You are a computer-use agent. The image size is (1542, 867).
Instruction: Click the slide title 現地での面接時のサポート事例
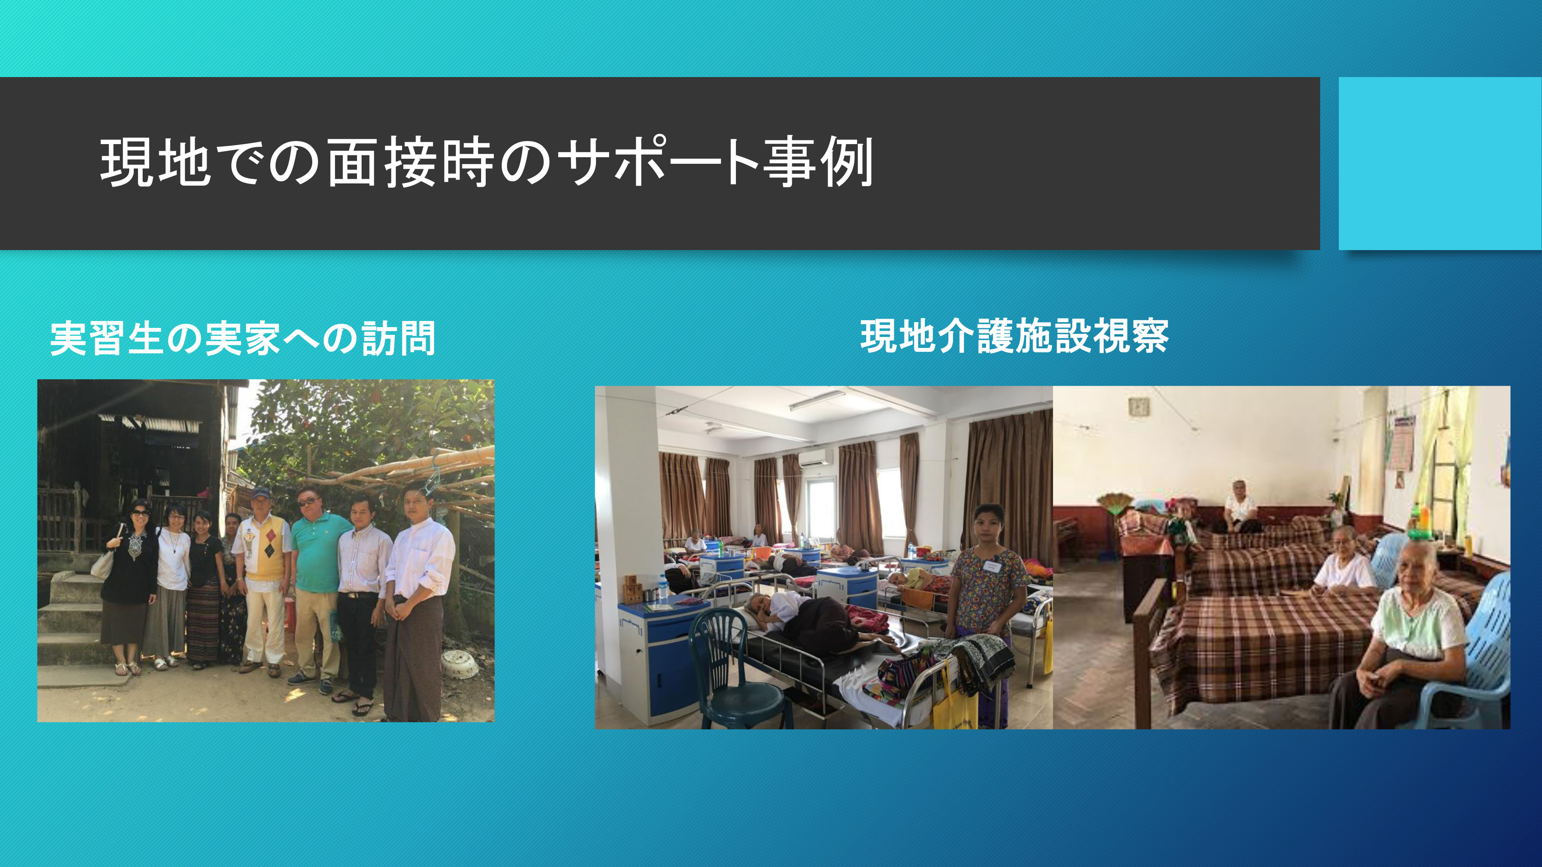click(486, 163)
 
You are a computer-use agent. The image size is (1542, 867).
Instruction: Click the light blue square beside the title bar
click(1439, 163)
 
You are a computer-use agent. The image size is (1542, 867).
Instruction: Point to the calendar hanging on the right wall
click(1404, 443)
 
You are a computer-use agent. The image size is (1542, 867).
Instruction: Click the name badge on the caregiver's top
click(994, 565)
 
